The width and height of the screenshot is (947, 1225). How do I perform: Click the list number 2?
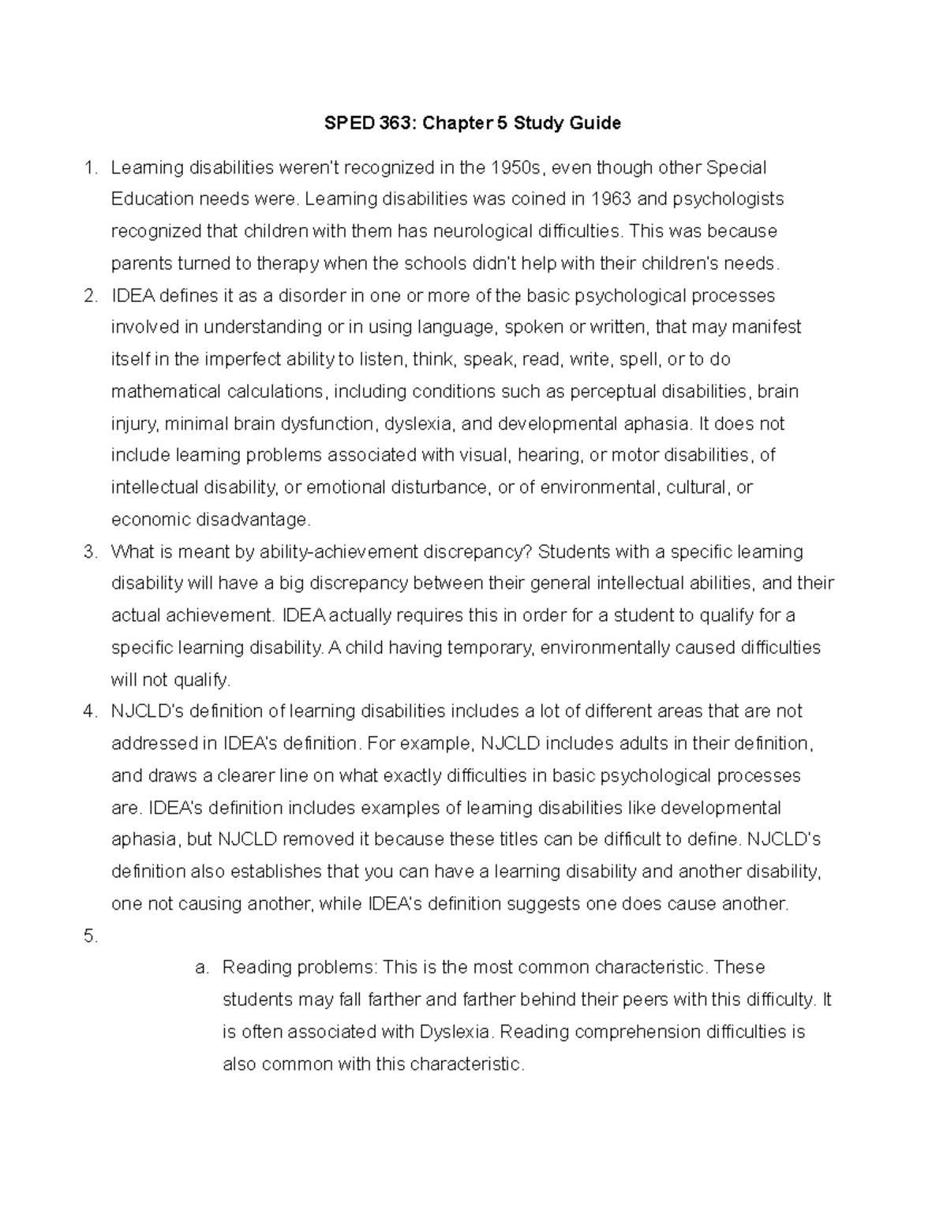click(90, 296)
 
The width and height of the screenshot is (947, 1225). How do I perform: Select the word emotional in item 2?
click(342, 487)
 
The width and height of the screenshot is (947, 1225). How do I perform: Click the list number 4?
click(90, 711)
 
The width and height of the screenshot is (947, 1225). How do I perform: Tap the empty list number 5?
click(90, 936)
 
